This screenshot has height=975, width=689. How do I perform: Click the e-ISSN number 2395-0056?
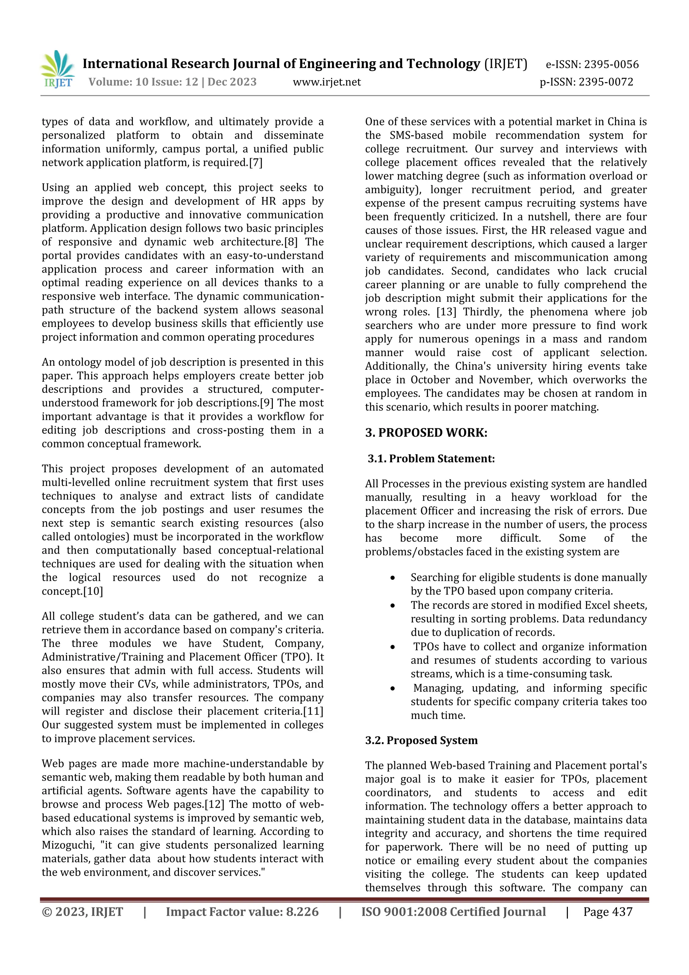click(x=611, y=65)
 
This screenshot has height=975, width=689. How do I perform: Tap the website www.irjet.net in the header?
click(x=327, y=82)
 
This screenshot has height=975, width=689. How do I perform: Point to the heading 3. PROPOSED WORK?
click(x=426, y=433)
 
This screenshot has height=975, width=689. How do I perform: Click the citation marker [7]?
click(x=255, y=163)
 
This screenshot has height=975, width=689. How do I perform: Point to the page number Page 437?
click(x=608, y=912)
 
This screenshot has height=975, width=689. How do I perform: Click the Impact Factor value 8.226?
click(x=302, y=912)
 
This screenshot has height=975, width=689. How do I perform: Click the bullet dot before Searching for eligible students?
click(x=393, y=578)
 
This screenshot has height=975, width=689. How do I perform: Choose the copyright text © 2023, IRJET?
click(x=82, y=912)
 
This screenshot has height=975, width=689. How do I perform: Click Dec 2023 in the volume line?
click(x=232, y=82)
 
